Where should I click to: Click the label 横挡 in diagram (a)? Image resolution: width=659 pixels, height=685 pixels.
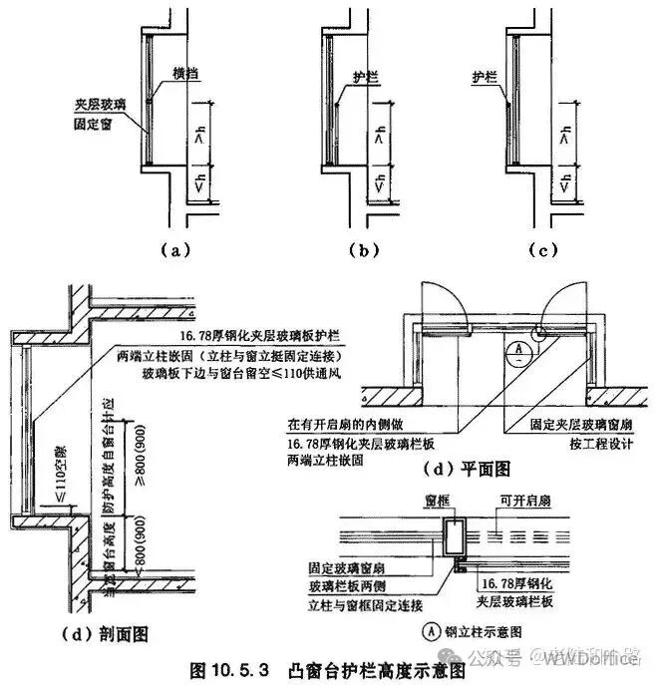pos(185,75)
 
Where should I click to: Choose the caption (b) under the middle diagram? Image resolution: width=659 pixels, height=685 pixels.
pos(366,250)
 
